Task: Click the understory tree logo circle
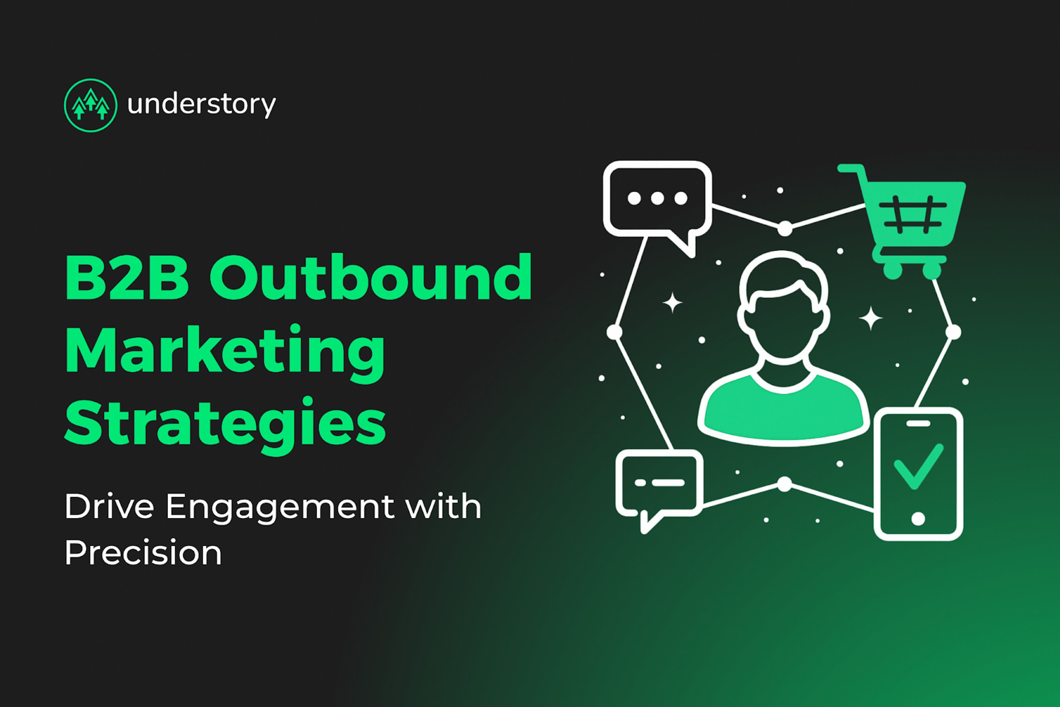pos(91,105)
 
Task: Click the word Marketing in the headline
pos(225,350)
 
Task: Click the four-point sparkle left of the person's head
pos(673,303)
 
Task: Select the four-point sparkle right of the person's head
pos(870,318)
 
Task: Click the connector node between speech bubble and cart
pos(785,228)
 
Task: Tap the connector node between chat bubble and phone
pos(784,484)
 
